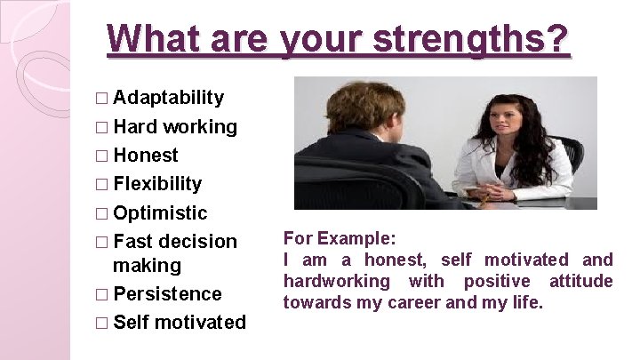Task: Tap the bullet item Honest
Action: [146, 156]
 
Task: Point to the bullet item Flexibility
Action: [157, 184]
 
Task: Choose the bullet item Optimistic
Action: [160, 213]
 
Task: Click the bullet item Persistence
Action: [167, 294]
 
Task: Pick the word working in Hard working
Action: [200, 127]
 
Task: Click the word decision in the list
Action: [198, 242]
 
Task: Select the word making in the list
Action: [147, 265]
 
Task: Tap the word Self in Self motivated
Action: [132, 323]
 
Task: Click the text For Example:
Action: [340, 239]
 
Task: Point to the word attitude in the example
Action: [582, 281]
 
